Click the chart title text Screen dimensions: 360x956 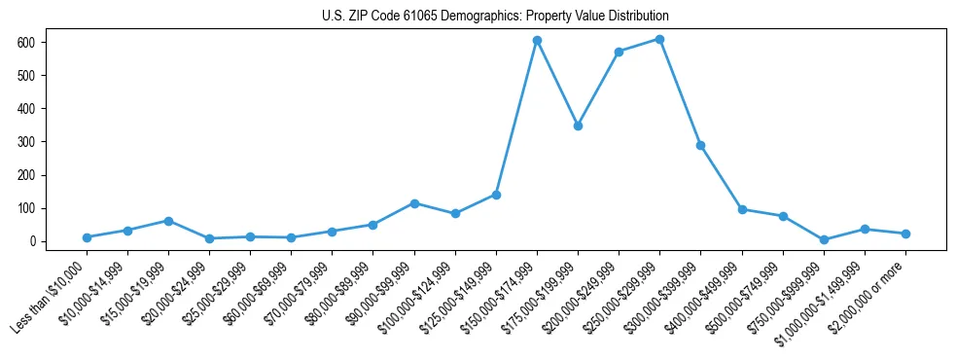(495, 17)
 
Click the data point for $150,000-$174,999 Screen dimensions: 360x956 (537, 41)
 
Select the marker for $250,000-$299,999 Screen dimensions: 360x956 (659, 40)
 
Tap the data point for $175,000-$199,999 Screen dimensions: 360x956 (578, 126)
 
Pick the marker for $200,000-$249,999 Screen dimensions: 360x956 (619, 52)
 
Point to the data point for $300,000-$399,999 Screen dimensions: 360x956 (700, 145)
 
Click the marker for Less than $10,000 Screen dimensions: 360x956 (87, 237)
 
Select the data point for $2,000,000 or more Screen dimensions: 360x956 (905, 234)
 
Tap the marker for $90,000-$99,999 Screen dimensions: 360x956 (414, 203)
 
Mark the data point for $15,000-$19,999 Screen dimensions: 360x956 (168, 221)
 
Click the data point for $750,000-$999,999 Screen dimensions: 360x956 (824, 239)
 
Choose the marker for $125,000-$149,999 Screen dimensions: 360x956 (496, 195)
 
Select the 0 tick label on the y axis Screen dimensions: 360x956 (31, 241)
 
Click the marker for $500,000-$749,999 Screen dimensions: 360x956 (783, 216)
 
